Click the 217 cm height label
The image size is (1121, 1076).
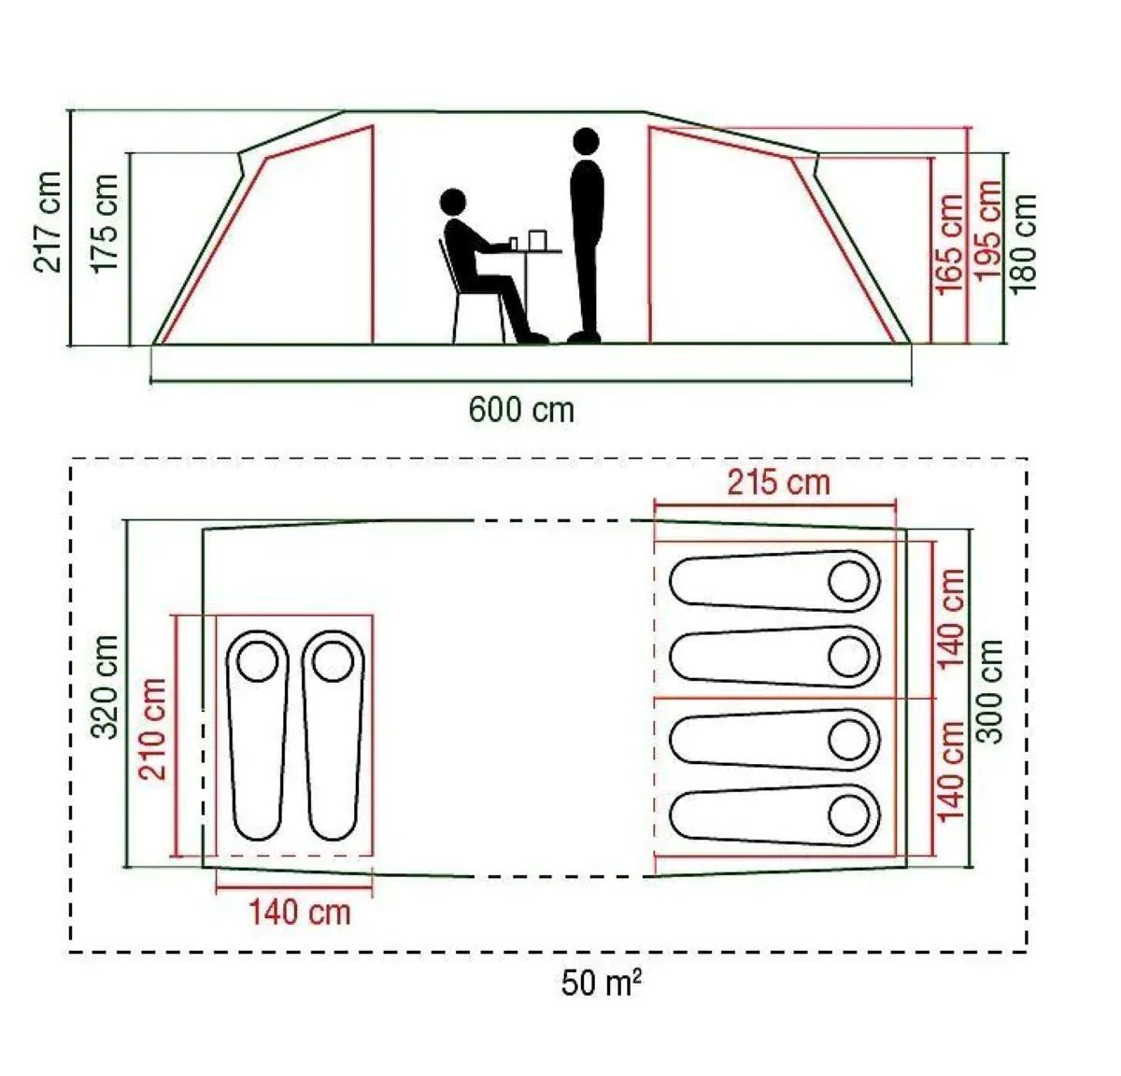[x=49, y=221]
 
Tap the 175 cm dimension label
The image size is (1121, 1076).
[x=105, y=223]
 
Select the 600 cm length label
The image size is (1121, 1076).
[x=521, y=409]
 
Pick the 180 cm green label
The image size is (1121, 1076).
[x=1024, y=243]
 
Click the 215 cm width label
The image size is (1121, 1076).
[x=778, y=483]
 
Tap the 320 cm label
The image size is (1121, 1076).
[x=106, y=687]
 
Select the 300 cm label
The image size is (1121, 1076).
[x=990, y=691]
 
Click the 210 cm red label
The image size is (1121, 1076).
[x=152, y=729]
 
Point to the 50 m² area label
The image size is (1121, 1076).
[x=602, y=983]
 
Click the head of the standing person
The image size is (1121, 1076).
[x=586, y=141]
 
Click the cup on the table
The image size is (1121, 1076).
[x=537, y=240]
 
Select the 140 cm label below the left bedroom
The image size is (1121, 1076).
[x=299, y=912]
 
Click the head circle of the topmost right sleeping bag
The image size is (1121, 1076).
[x=849, y=581]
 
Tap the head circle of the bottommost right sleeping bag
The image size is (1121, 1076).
[x=849, y=814]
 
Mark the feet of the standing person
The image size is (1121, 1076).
[x=585, y=336]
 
